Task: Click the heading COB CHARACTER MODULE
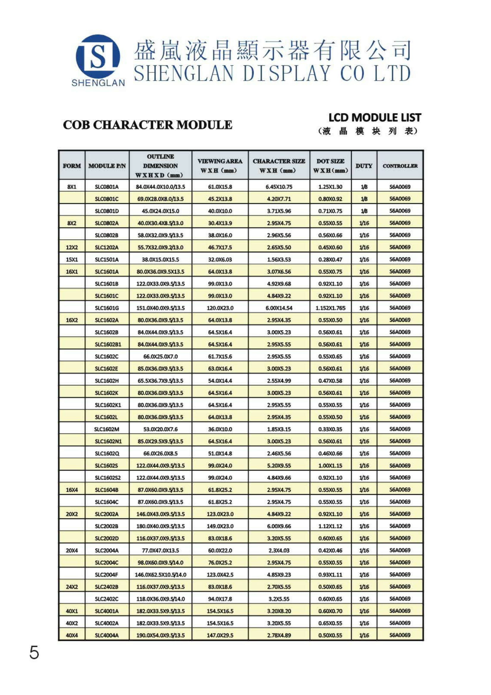[x=147, y=125]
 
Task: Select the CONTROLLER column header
[x=400, y=166]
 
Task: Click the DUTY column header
[x=364, y=166]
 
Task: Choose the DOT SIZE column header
[x=330, y=166]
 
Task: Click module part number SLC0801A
[x=107, y=187]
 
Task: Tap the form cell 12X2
[x=72, y=247]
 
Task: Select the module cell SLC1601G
[x=107, y=308]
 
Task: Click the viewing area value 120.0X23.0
[x=220, y=308]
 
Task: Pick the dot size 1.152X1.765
[x=330, y=308]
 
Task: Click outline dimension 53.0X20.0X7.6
[x=160, y=429]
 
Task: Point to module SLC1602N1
[x=108, y=441]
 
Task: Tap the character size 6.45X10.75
[x=279, y=187]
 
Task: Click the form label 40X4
[x=72, y=635]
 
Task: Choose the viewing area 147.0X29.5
[x=220, y=635]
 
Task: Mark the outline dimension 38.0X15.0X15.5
[x=160, y=259]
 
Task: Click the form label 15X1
[x=72, y=259]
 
